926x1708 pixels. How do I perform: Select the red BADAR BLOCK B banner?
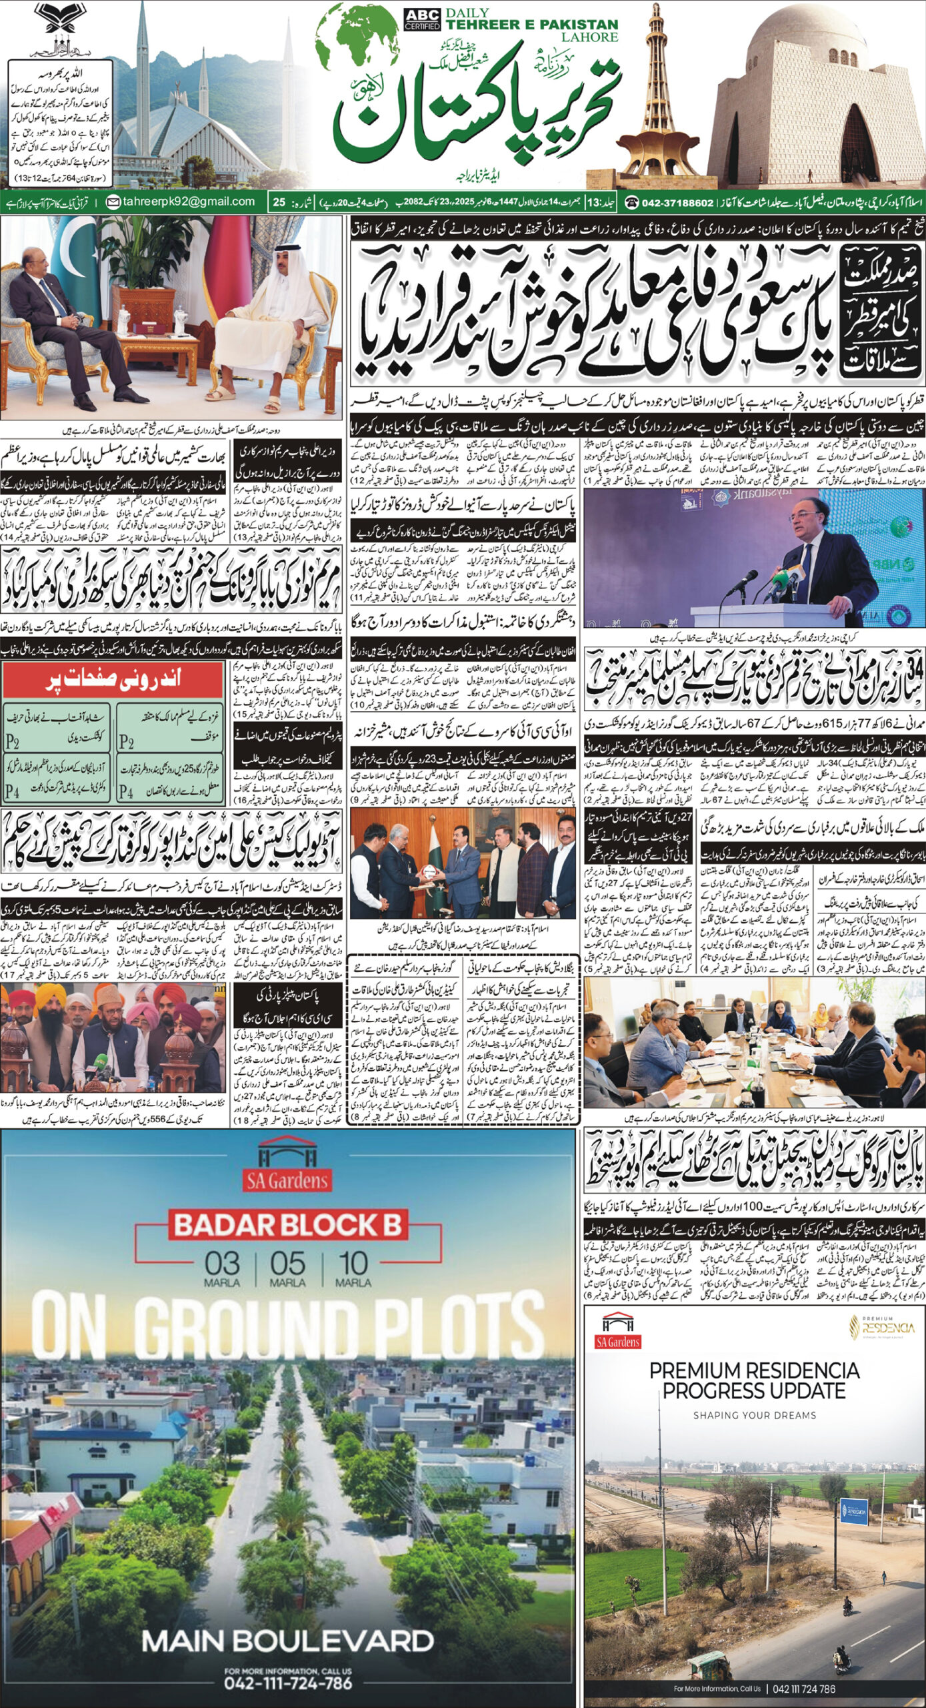(x=287, y=1224)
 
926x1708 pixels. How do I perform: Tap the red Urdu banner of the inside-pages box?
(x=113, y=681)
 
